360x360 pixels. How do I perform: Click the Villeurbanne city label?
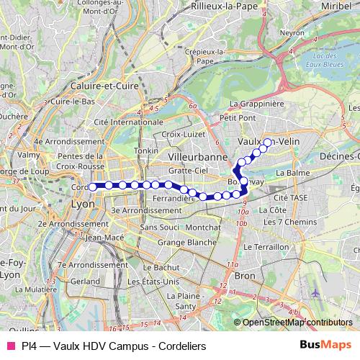tap(197, 156)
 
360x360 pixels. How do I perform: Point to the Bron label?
tap(245, 276)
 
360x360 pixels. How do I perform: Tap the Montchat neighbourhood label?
tap(203, 227)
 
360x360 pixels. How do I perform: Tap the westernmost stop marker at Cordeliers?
tap(92, 187)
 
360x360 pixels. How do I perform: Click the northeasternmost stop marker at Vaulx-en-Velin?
tap(268, 143)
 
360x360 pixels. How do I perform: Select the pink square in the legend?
tap(11, 346)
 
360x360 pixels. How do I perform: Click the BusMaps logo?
tap(325, 346)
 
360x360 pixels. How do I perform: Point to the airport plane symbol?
tap(318, 294)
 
